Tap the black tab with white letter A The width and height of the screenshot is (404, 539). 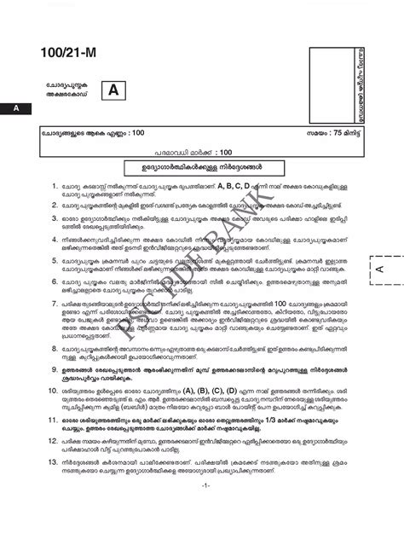pyautogui.click(x=14, y=109)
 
